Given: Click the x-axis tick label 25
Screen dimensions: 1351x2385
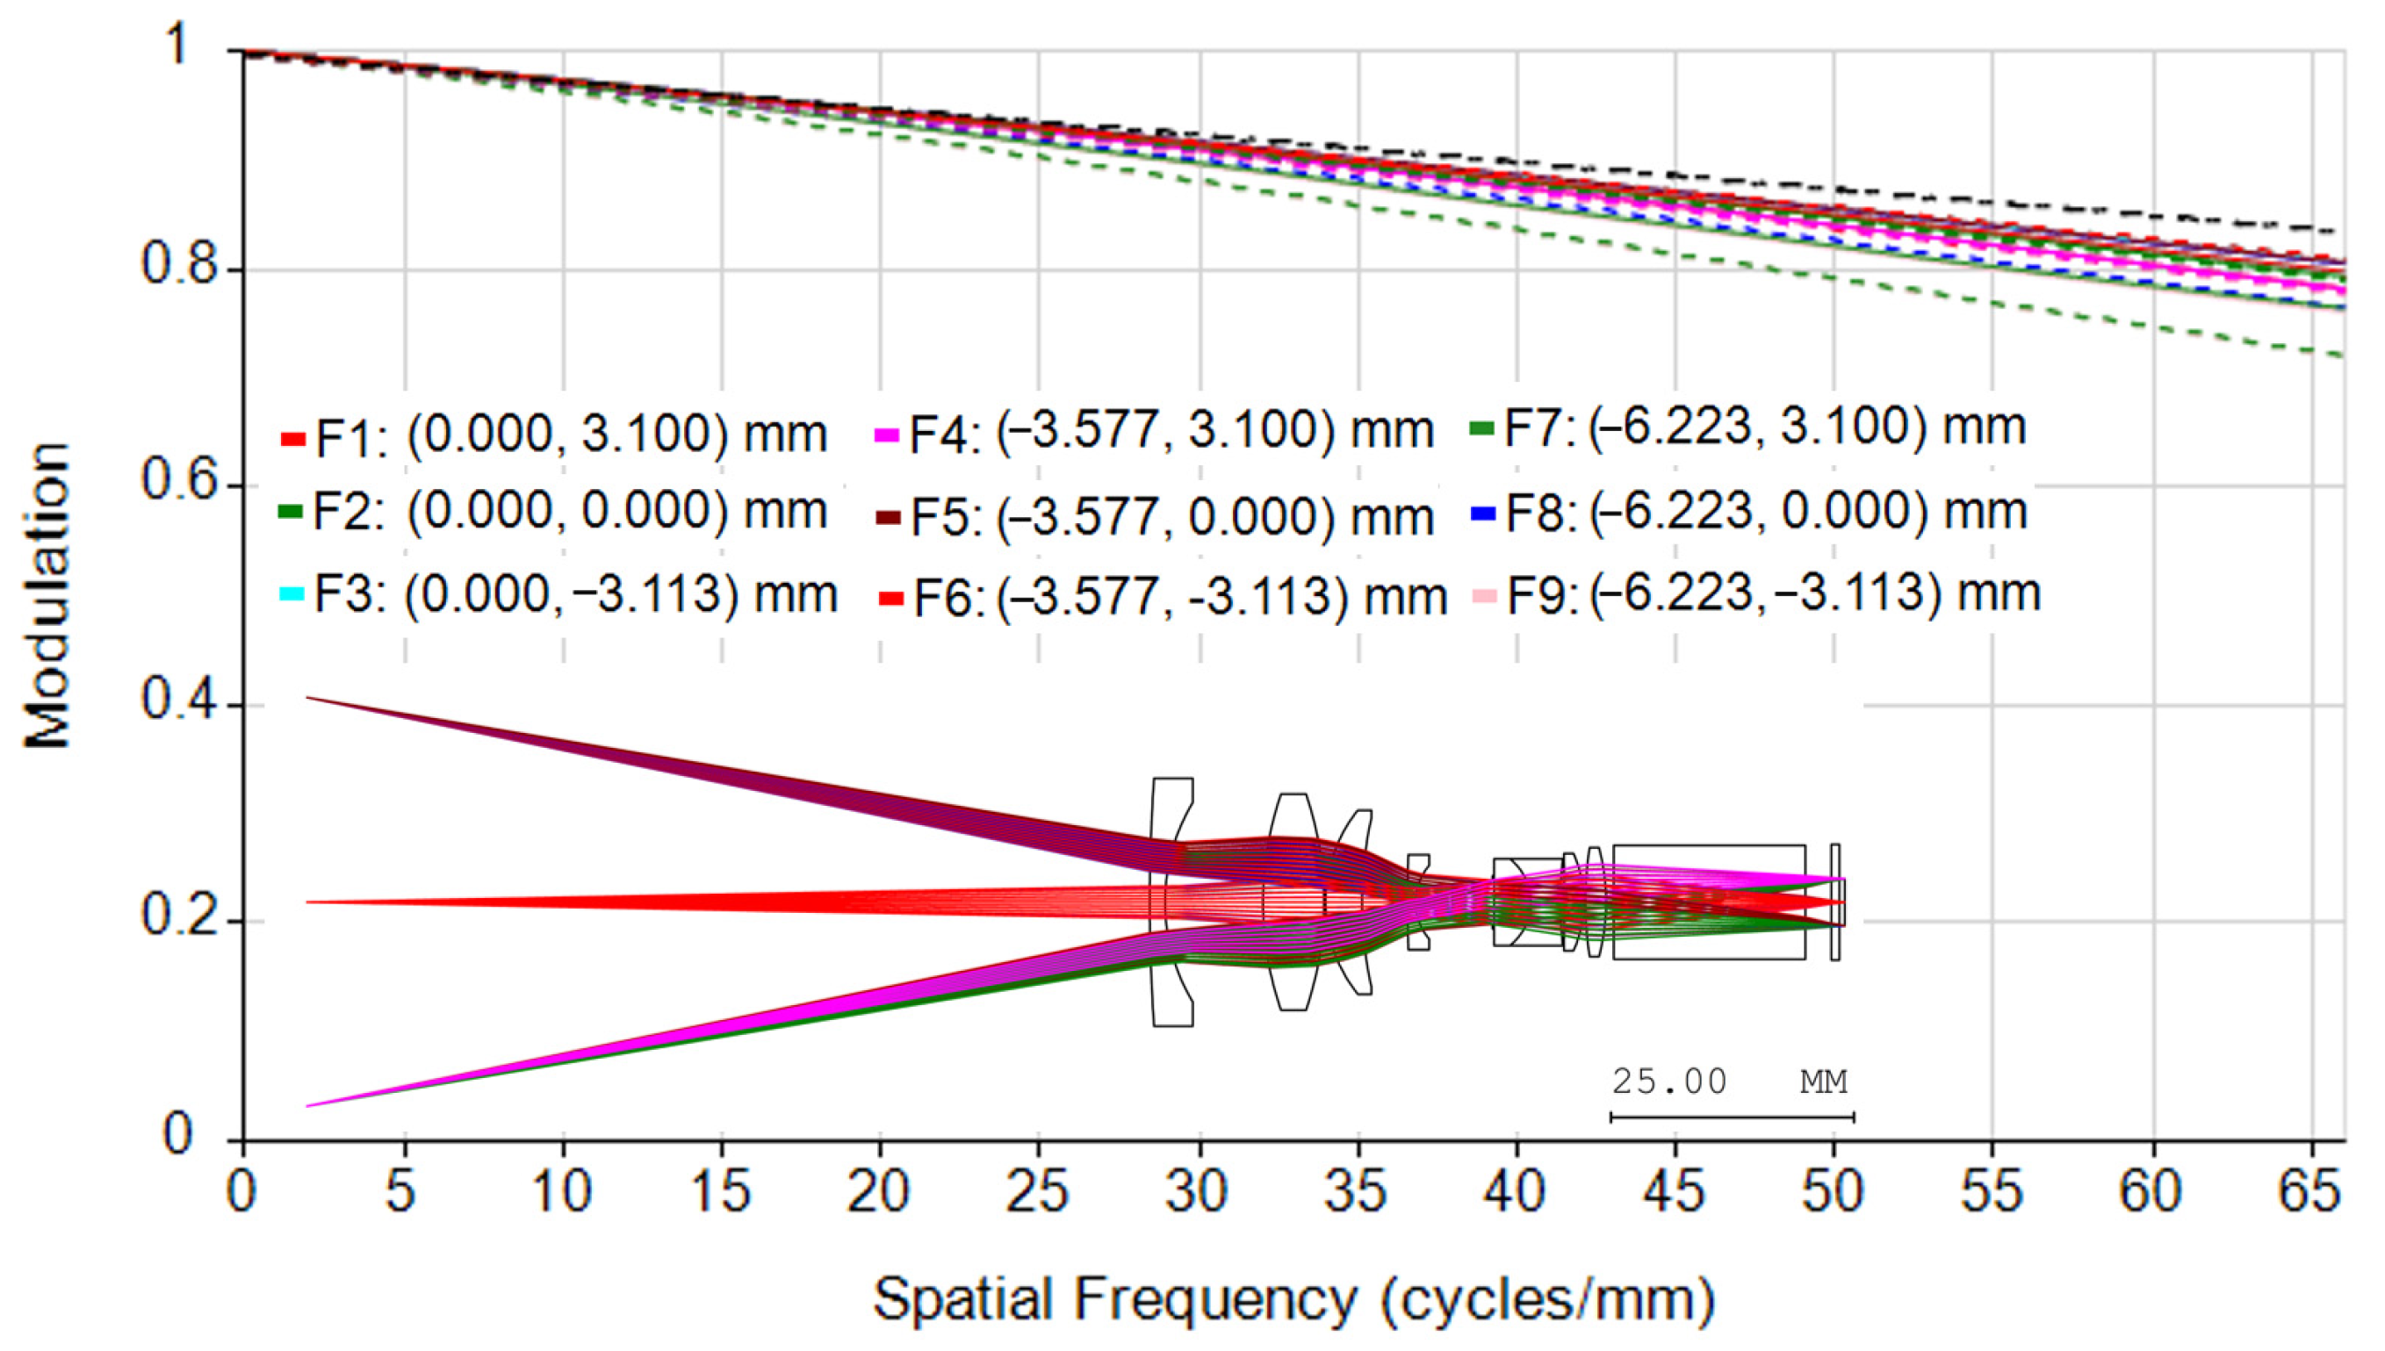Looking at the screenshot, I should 1038,1191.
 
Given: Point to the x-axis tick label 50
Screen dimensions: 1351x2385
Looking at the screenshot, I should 1833,1191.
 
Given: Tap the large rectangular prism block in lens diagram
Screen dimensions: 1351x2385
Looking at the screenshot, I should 1709,901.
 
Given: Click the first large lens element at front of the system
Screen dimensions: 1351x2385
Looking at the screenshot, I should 1171,901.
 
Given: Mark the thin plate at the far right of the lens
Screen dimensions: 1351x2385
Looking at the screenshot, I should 1834,901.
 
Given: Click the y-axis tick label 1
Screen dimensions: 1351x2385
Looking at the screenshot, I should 177,45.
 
